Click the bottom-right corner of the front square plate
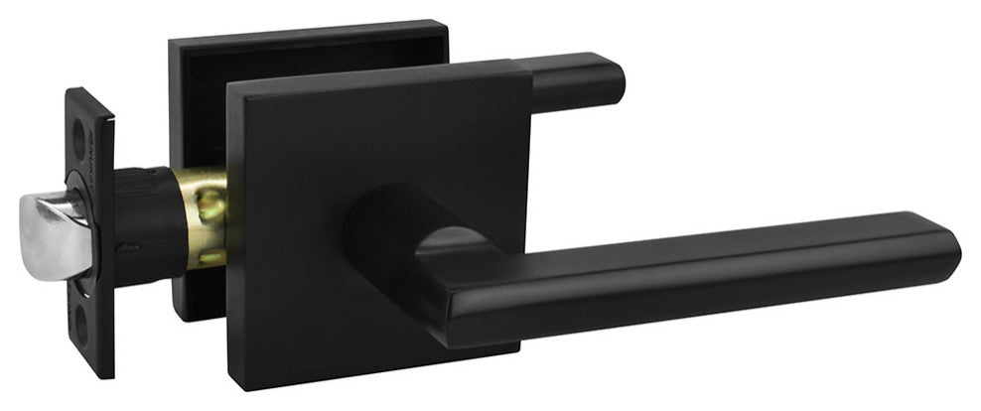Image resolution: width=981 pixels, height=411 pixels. pos(515,348)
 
